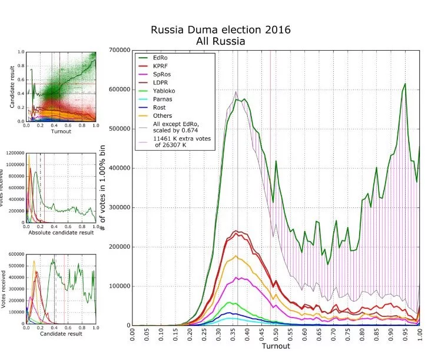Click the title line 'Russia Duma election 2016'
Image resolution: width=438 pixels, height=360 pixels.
220,29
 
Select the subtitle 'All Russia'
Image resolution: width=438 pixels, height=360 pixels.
220,41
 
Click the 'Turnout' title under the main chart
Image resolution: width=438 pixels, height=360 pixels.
276,346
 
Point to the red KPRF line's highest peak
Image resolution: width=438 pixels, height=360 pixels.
237,232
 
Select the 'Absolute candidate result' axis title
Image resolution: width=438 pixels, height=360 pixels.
61,232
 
